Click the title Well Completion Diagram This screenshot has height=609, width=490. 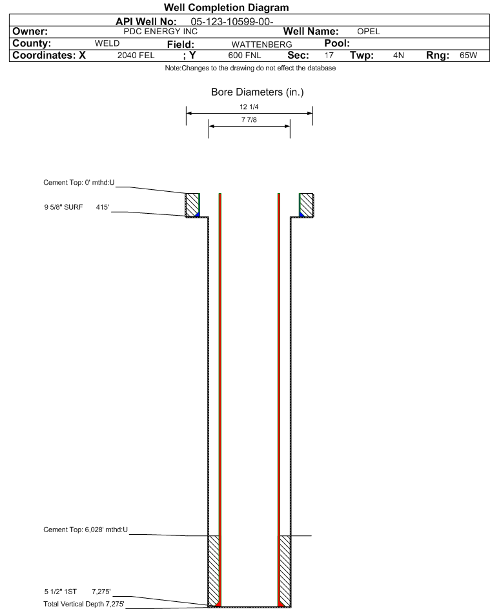227,7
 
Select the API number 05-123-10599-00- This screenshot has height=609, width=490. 232,22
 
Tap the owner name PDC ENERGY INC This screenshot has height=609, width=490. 160,32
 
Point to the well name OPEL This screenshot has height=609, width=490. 369,32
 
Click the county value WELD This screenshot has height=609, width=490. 107,43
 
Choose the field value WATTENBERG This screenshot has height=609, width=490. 261,45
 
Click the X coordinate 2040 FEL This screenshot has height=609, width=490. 136,56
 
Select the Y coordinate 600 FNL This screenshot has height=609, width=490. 245,56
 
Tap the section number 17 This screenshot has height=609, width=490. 329,56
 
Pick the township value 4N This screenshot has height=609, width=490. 398,56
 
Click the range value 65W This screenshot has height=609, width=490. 468,56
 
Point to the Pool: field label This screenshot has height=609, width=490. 337,43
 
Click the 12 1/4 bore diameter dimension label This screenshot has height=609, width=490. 249,107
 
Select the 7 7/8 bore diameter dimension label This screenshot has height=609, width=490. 249,119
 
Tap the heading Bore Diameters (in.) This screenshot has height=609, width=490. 258,92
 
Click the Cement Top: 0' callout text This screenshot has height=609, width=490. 79,183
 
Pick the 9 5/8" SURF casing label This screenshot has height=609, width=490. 63,207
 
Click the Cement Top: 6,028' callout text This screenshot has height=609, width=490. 85,530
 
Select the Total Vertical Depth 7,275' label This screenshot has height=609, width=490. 84,604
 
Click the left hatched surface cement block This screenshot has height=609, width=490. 192,205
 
